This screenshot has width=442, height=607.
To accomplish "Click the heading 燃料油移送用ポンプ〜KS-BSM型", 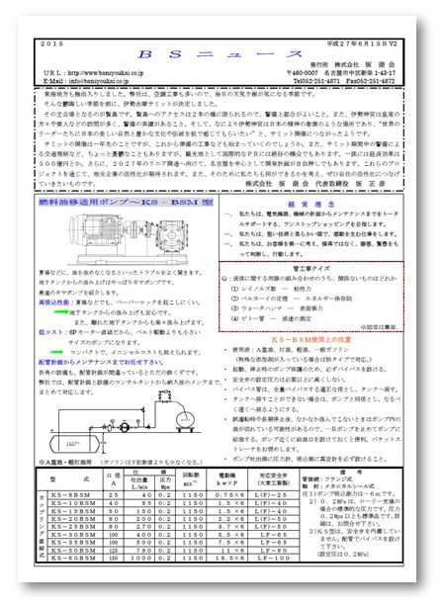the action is (113, 174).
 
